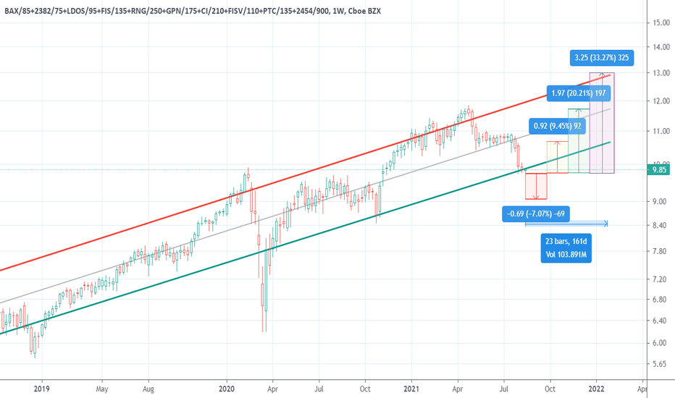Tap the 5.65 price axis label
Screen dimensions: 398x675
(x=658, y=364)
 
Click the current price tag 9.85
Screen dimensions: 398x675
(x=658, y=170)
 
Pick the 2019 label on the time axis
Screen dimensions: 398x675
(x=42, y=388)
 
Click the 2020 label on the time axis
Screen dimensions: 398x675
(x=227, y=388)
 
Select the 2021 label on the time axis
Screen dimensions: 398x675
(x=412, y=388)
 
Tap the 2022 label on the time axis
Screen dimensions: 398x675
(x=597, y=388)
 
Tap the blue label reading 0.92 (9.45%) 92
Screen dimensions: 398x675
(x=556, y=125)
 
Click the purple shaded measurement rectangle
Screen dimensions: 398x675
(x=602, y=123)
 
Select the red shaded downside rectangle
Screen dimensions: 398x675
(x=537, y=186)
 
